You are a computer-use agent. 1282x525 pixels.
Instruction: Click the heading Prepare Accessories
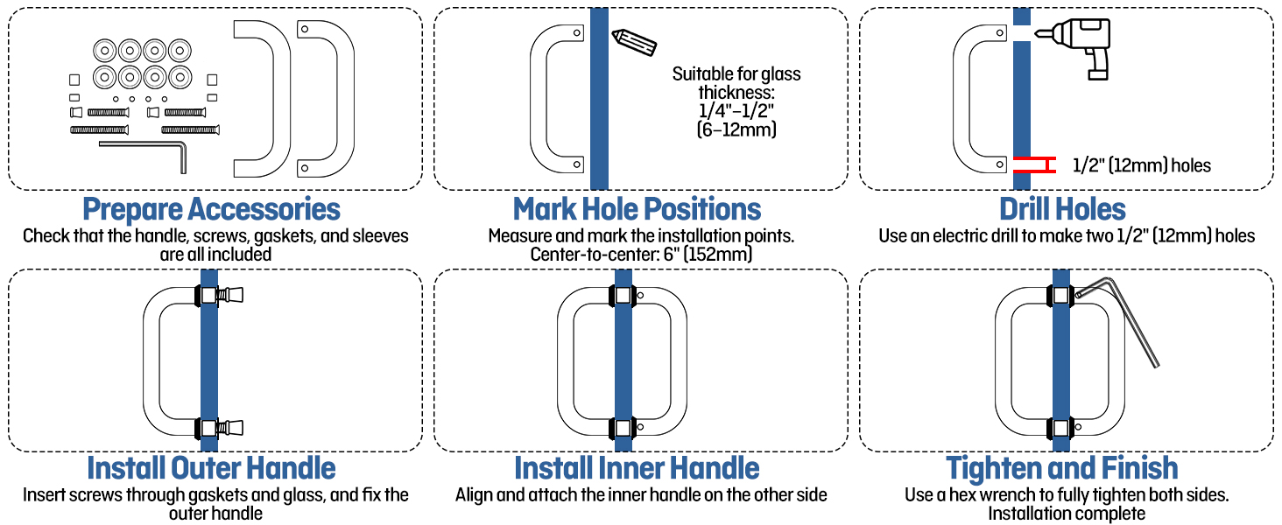[211, 210]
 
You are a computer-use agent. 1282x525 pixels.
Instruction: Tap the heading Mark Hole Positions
[637, 210]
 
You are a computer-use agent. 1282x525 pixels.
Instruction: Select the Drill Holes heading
[1062, 210]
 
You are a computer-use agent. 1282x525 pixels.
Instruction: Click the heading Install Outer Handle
[211, 468]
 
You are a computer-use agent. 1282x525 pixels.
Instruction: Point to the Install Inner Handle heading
[637, 468]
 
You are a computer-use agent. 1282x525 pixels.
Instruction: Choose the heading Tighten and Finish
[1062, 468]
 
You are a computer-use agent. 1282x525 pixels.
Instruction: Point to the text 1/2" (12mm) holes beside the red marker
[1142, 165]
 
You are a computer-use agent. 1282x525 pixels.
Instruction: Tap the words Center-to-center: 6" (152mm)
[641, 255]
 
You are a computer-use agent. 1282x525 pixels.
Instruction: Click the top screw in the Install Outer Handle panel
[228, 295]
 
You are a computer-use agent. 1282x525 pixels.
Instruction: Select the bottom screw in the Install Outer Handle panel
[228, 429]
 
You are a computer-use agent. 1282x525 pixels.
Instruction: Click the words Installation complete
[1067, 514]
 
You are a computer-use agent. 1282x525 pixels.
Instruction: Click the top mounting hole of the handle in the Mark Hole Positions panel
[576, 33]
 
